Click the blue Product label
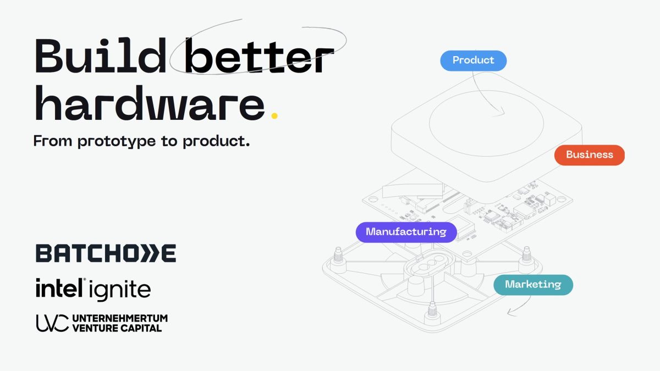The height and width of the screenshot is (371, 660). click(x=473, y=60)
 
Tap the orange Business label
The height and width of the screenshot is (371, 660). click(x=589, y=155)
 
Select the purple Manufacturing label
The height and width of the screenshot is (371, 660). click(x=406, y=232)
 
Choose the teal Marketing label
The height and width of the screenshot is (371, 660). click(x=533, y=285)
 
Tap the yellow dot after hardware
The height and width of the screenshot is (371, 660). click(x=274, y=115)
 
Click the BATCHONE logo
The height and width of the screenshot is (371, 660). click(x=106, y=253)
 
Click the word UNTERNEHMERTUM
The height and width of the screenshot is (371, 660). click(x=120, y=318)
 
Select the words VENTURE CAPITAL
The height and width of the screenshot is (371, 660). click(x=117, y=328)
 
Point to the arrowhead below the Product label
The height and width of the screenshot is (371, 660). click(x=501, y=114)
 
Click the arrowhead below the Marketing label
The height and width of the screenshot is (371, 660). click(x=509, y=314)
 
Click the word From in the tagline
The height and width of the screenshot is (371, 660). click(x=53, y=141)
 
